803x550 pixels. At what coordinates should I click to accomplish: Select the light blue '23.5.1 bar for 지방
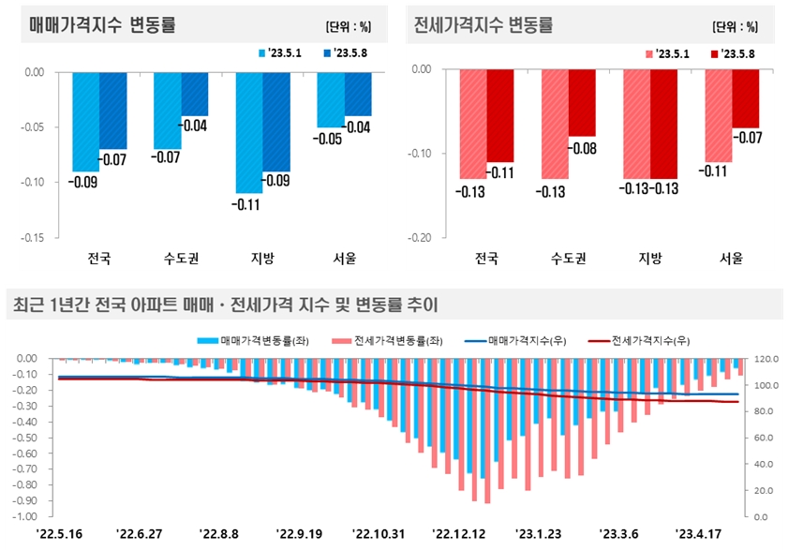[248, 131]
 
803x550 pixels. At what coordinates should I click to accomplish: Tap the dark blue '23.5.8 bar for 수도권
[195, 93]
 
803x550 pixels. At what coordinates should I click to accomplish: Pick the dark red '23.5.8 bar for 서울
[745, 97]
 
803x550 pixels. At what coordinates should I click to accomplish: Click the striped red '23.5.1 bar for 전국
[472, 123]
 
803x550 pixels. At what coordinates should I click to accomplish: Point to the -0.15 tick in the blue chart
[34, 237]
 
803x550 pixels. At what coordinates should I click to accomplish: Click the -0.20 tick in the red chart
[420, 237]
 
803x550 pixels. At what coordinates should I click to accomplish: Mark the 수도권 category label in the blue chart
[181, 258]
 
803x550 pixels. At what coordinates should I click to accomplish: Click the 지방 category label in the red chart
[649, 258]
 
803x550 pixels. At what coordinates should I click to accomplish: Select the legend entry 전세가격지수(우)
[639, 341]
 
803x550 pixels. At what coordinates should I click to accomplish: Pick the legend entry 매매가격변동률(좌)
[254, 341]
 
